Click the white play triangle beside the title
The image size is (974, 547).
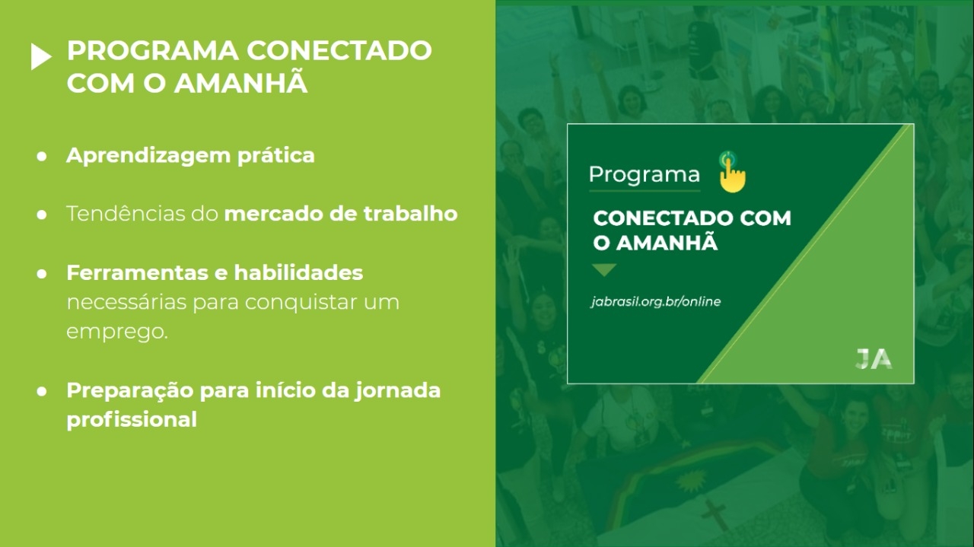(41, 56)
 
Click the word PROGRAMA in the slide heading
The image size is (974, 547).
(153, 50)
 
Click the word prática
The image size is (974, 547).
(276, 156)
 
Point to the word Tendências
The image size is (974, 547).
(126, 214)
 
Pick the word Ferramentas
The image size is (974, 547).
(137, 273)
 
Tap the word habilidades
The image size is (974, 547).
(298, 273)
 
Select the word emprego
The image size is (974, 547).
(117, 332)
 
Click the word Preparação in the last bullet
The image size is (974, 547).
(129, 391)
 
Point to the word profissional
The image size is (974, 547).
(132, 420)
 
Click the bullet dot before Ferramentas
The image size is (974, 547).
(42, 274)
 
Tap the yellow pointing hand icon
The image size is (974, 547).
(732, 172)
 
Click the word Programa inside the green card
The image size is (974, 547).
(645, 175)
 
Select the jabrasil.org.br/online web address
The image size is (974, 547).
(656, 302)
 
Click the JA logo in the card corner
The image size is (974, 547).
(874, 359)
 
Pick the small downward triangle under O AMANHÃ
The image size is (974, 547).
(604, 270)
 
